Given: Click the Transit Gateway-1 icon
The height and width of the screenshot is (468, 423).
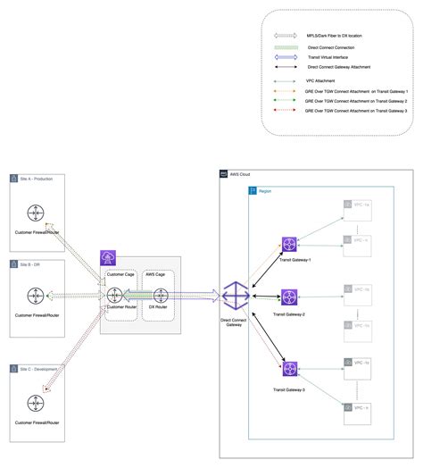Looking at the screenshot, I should pos(289,245).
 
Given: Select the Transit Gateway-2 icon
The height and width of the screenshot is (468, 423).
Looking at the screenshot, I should pos(289,297).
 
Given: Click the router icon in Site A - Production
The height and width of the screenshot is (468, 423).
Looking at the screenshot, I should pos(35,214).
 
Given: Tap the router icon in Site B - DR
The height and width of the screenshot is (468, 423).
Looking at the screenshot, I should pos(35,297).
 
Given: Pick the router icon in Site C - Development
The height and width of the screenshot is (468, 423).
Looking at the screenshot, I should pos(35,403).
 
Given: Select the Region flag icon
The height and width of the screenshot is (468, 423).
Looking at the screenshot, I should pos(252,191).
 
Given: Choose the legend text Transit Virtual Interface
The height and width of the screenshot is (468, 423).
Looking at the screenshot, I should pos(328,55).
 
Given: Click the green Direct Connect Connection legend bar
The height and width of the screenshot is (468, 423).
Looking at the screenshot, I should pos(288,46).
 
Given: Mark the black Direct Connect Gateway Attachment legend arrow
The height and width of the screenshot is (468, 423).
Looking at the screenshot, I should pos(288,66).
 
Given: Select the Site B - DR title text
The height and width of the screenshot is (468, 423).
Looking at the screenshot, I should pos(34,264).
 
